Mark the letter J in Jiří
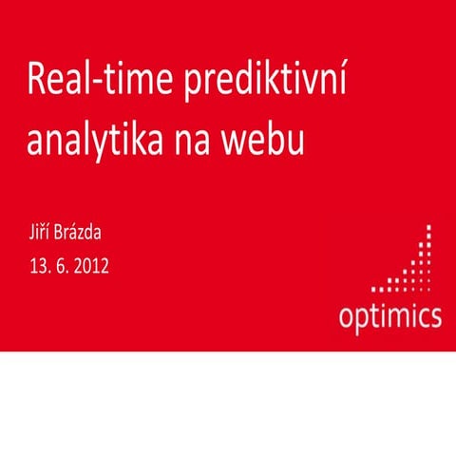pyautogui.click(x=30, y=230)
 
